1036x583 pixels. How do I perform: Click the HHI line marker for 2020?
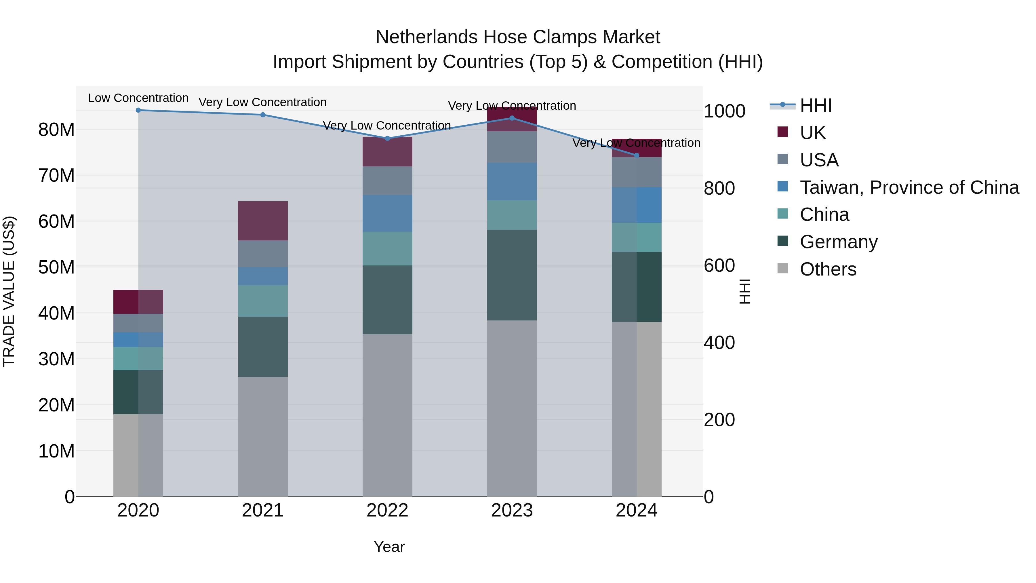tap(138, 110)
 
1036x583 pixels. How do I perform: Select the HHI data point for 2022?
tap(387, 138)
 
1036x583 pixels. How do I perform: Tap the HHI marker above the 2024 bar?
tap(636, 155)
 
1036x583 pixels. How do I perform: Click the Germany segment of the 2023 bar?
tap(512, 275)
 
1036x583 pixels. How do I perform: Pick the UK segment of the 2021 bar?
tap(263, 221)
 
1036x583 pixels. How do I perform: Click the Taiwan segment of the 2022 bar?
tap(387, 213)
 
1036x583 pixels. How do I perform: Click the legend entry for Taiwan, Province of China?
tap(909, 187)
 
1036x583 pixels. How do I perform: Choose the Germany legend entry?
tap(839, 242)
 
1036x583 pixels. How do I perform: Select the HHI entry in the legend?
tap(815, 105)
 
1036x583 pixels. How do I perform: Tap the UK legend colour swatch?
tap(783, 132)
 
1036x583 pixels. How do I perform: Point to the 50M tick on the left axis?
tap(56, 267)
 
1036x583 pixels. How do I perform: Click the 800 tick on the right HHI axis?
tap(719, 188)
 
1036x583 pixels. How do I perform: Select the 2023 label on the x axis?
tap(512, 510)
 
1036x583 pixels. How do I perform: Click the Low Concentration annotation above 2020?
tap(138, 98)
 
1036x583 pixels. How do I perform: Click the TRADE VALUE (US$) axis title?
tap(9, 291)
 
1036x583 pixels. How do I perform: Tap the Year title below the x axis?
tap(389, 547)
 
